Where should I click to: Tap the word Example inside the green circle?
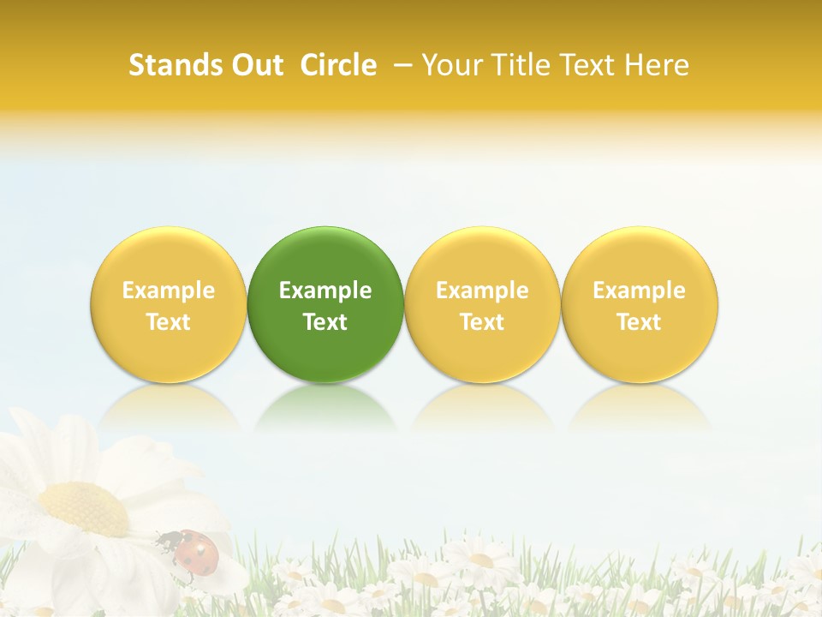(x=325, y=291)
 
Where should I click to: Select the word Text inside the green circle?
(x=325, y=322)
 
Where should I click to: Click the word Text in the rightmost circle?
(x=640, y=322)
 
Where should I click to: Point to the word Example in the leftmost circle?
(x=168, y=291)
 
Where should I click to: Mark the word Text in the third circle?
(x=482, y=322)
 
